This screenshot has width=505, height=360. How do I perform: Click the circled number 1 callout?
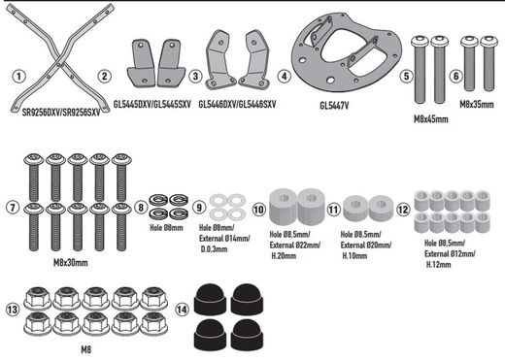[19, 75]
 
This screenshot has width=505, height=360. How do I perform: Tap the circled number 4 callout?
[284, 75]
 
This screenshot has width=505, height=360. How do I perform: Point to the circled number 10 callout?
[259, 208]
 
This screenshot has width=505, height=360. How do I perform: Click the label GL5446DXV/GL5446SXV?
[240, 102]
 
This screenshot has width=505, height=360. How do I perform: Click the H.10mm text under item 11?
[353, 255]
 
